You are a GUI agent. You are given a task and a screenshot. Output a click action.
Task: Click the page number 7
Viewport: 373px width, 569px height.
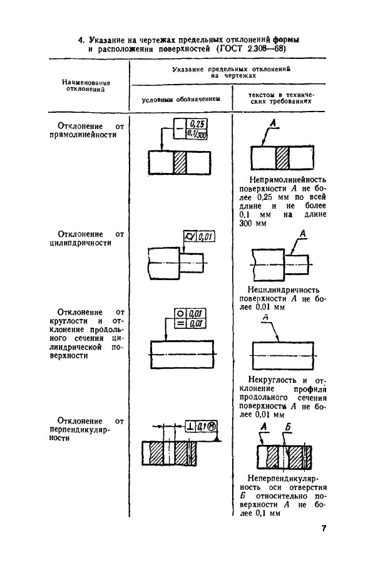[x=324, y=528]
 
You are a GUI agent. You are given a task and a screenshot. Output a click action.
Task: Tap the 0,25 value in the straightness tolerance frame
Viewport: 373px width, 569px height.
[x=197, y=125]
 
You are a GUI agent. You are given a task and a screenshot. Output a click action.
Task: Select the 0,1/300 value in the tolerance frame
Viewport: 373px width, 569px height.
[x=197, y=134]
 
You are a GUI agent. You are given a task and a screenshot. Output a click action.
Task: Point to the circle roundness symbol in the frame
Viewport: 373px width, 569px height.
[x=180, y=313]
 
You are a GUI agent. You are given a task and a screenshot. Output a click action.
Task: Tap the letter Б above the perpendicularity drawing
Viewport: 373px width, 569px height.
[x=287, y=427]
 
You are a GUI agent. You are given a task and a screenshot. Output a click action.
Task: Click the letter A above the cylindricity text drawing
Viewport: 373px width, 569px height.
[x=303, y=234]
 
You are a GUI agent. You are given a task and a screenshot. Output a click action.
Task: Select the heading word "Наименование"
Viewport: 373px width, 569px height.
[x=86, y=83]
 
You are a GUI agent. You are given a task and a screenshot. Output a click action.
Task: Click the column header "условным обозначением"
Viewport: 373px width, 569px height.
[x=181, y=99]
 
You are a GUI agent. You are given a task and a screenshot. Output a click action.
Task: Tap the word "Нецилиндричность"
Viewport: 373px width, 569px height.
[x=284, y=290]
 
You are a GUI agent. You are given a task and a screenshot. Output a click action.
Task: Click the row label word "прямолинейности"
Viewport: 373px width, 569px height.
[x=83, y=135]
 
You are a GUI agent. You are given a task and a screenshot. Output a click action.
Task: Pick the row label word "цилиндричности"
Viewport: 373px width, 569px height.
[x=80, y=243]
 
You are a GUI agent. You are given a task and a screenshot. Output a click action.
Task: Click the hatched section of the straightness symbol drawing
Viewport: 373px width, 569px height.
[x=180, y=162]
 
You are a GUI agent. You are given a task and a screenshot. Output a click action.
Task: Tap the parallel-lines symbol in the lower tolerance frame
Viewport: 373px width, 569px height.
[x=180, y=323]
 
